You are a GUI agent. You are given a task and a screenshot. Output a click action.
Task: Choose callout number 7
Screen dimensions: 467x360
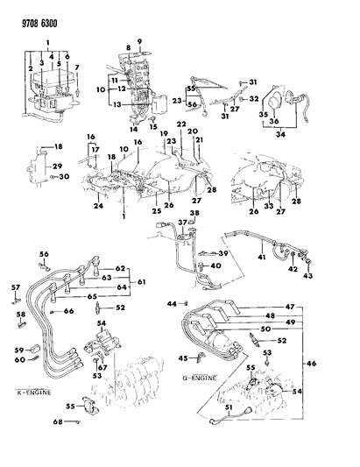77,67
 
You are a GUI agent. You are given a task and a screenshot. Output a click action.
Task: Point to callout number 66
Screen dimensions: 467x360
68,311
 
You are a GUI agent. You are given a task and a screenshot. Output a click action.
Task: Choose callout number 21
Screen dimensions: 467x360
200,140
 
